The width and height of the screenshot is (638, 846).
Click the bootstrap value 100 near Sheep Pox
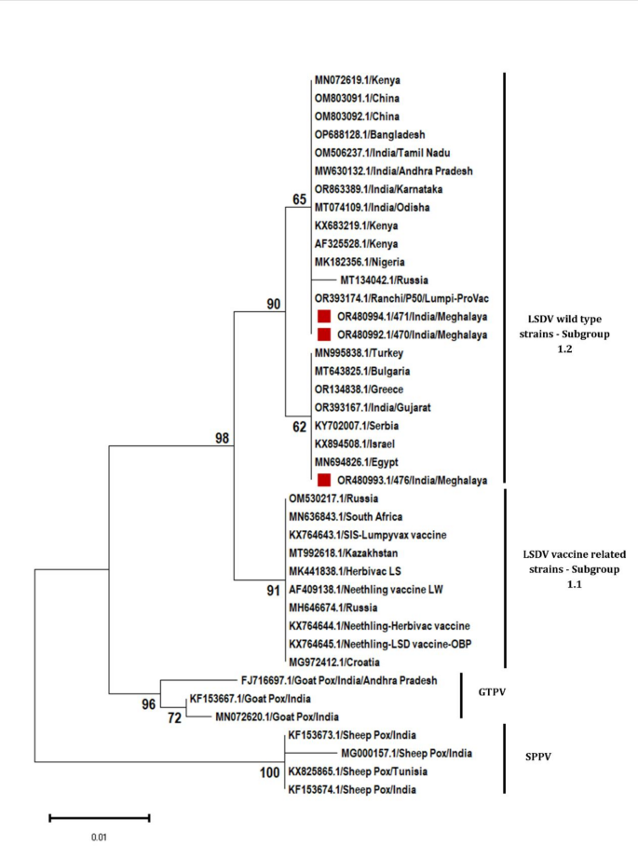[x=270, y=773]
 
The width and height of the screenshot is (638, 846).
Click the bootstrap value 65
[x=299, y=199]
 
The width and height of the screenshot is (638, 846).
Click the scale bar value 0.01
[x=100, y=837]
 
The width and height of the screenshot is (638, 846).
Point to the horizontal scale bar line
[x=100, y=818]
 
